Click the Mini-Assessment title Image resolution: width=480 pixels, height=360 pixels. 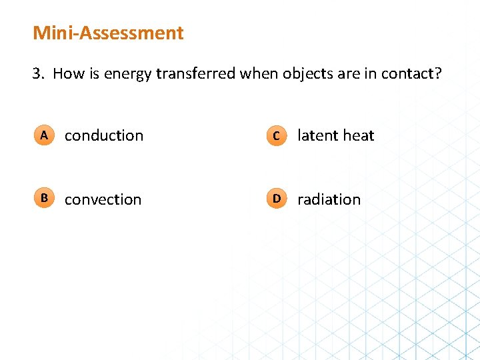[108, 33]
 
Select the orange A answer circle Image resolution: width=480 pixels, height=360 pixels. [43, 135]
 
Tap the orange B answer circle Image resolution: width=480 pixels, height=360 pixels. [43, 199]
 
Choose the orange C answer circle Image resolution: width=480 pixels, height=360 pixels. [276, 136]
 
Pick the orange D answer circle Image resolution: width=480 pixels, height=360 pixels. [276, 199]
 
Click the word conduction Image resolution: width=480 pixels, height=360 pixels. [104, 135]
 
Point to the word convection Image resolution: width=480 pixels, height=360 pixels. [103, 199]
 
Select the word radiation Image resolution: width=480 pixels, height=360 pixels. [329, 199]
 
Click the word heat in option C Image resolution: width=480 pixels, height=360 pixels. [359, 135]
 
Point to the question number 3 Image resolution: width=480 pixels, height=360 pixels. [37, 73]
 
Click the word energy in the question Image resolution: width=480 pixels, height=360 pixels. [129, 74]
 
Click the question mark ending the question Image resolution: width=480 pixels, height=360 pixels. [438, 73]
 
